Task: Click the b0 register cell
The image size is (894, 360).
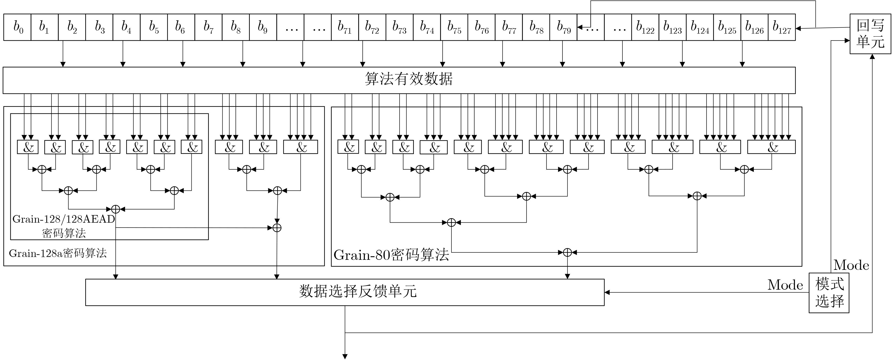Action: (17, 27)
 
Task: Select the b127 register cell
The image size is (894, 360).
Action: (782, 27)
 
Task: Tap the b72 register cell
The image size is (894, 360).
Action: (372, 27)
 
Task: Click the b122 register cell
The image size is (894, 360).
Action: (645, 27)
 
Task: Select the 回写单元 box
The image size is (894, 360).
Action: (870, 34)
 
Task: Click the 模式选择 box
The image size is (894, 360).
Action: (829, 293)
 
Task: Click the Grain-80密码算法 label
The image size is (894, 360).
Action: (391, 255)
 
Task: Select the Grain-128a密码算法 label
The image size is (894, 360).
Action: (58, 253)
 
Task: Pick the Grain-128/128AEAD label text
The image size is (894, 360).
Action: (63, 219)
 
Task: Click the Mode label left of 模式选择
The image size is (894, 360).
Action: (785, 285)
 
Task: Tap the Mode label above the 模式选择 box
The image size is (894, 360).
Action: (851, 265)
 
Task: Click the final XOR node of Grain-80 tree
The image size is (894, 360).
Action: (567, 252)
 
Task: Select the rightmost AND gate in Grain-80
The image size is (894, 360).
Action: (771, 147)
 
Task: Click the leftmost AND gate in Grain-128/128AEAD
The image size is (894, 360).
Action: (28, 147)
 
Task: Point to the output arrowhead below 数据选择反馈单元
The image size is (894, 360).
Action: (345, 356)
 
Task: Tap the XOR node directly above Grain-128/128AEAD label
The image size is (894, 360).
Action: (116, 209)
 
